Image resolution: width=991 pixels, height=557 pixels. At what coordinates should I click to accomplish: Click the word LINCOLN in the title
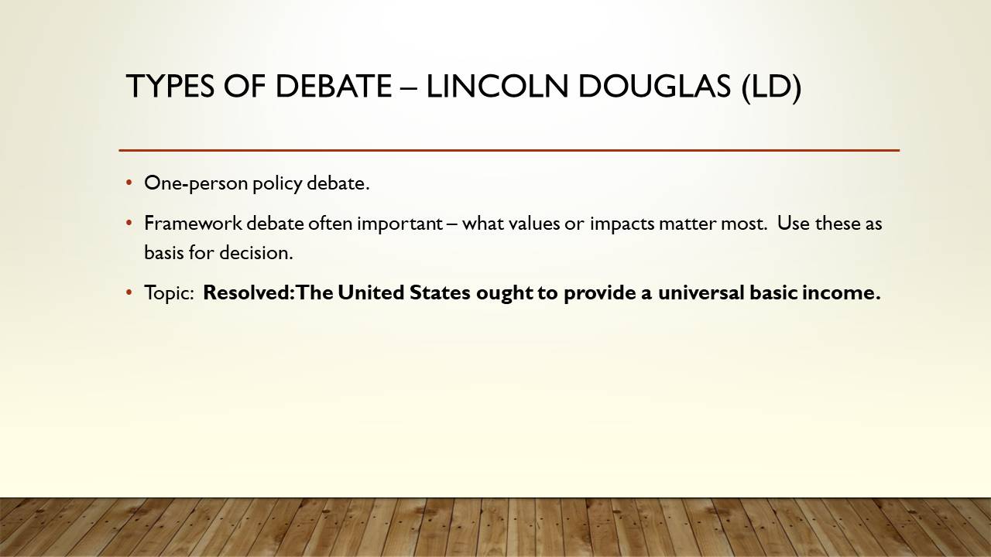pos(497,86)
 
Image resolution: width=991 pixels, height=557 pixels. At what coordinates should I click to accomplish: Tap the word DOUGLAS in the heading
pos(654,86)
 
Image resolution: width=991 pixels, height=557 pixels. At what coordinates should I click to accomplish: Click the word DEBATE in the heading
pos(333,86)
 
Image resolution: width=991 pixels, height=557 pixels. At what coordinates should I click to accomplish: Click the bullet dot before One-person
pos(129,183)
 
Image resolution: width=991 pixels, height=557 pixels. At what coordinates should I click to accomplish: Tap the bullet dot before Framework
pos(129,223)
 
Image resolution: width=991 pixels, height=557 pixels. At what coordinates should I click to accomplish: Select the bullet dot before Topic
pos(129,292)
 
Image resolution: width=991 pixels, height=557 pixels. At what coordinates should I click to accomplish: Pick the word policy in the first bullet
pos(277,184)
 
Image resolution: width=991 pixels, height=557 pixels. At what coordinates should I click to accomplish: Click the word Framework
pos(194,224)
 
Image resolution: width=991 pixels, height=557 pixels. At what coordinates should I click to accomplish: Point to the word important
pos(399,224)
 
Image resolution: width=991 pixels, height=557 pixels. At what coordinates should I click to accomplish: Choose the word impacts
pos(622,224)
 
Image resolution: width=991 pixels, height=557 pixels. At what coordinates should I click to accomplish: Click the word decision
pos(256,253)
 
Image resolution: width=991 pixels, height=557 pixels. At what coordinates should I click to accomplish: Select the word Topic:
pos(169,293)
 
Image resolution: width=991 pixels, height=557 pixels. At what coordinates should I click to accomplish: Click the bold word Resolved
pos(246,292)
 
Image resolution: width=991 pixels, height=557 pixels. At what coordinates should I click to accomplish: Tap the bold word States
pos(440,292)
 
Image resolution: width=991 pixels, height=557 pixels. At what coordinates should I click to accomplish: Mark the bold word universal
pos(701,292)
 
